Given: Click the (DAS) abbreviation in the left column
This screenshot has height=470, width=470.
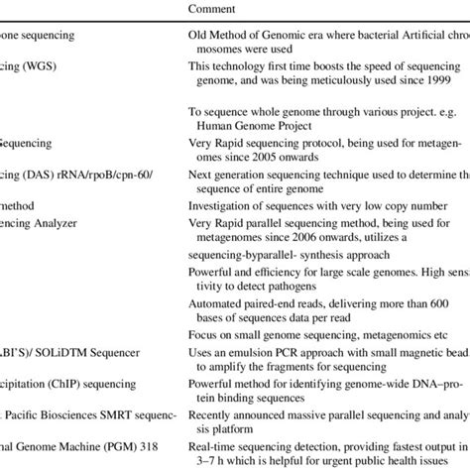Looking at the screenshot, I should pos(47,171).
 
